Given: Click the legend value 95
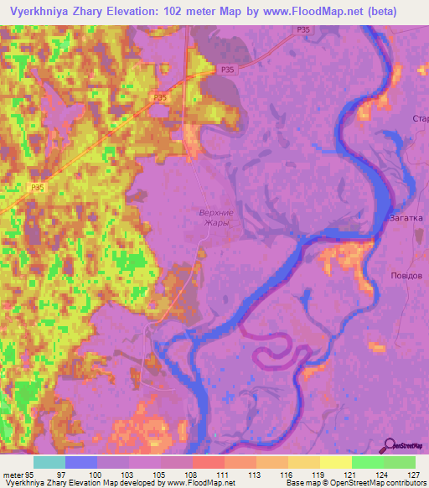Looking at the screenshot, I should click(x=33, y=474).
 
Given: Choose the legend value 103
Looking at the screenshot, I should click(x=129, y=474).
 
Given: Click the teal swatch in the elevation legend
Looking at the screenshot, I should click(x=49, y=462).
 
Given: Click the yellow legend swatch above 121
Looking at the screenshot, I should click(x=335, y=462).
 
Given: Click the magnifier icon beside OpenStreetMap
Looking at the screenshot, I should click(x=387, y=445).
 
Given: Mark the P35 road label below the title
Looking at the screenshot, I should click(x=302, y=29).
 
